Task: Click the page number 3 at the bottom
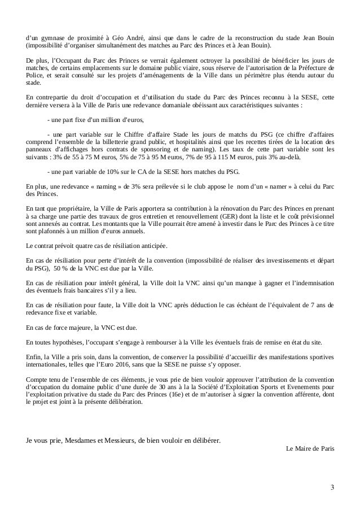click(332, 487)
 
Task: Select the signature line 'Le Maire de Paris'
click(310, 449)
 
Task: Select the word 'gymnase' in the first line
click(51, 37)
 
